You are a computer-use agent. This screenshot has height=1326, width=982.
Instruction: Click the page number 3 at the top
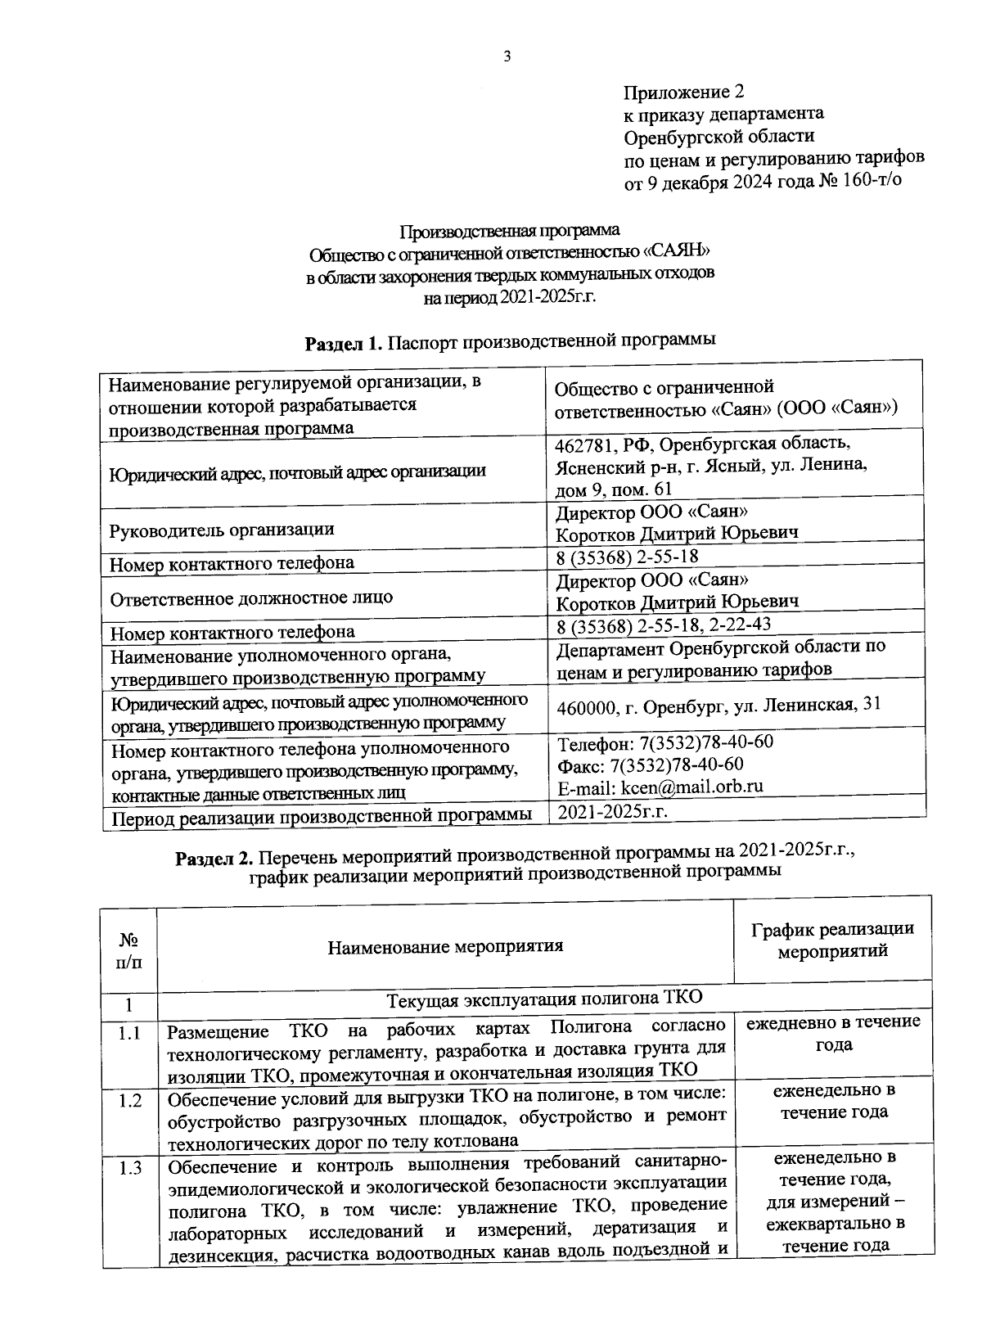507,56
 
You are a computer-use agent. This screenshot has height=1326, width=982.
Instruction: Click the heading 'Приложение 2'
683,92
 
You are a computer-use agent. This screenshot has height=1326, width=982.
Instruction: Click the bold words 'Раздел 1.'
343,344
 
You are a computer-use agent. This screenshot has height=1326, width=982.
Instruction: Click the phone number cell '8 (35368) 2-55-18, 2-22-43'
663,625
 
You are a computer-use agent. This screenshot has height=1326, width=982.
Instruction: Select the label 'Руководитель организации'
222,529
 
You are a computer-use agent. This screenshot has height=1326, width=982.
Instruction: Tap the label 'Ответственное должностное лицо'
251,598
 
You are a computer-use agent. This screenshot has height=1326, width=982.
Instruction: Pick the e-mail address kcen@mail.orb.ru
691,787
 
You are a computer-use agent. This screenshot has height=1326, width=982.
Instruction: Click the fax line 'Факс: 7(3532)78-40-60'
650,764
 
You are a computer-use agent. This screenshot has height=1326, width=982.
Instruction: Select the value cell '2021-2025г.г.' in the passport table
612,812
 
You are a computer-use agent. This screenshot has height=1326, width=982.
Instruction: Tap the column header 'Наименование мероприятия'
445,947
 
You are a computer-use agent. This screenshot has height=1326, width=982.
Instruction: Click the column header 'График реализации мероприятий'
832,940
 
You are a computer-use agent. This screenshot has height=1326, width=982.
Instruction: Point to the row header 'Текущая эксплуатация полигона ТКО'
544,999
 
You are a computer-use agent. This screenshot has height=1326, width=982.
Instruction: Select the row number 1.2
129,1101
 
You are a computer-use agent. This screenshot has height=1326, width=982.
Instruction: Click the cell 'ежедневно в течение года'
832,1033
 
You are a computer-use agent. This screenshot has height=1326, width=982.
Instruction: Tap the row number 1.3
129,1168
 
